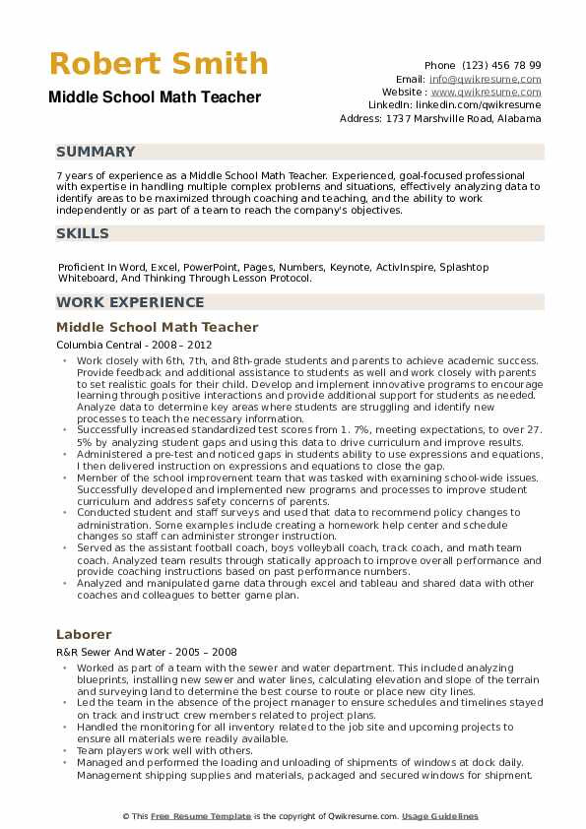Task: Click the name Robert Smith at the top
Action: (x=158, y=64)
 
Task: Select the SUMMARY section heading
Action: (x=96, y=152)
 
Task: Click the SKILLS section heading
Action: (x=83, y=233)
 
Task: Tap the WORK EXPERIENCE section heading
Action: (x=130, y=302)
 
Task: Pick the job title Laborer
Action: (x=84, y=634)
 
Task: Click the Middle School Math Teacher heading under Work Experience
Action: (x=158, y=327)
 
